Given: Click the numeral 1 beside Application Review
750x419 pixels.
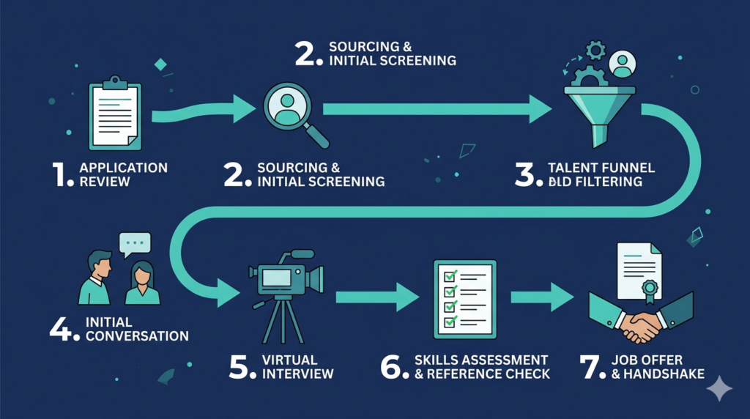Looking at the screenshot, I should (x=64, y=174).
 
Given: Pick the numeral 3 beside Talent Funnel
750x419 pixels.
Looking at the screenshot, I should (x=526, y=174).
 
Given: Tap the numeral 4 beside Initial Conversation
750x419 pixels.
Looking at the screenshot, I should (x=63, y=329).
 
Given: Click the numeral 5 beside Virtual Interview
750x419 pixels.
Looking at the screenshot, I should (x=241, y=366).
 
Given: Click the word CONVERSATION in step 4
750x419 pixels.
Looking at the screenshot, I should (x=137, y=336).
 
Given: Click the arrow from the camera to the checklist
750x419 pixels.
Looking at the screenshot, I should (x=376, y=297).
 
